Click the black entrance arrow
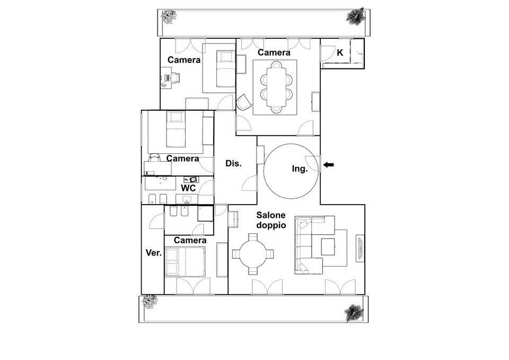329,165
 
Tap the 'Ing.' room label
300,169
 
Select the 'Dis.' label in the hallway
233,164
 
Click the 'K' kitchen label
340,52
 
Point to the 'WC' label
188,188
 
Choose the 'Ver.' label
154,253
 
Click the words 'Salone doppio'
271,220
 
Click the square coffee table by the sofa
328,247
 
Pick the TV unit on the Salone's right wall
360,248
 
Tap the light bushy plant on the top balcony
169,16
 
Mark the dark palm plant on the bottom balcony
354,312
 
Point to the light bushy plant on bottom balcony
150,302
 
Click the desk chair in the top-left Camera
174,77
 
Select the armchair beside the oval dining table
243,102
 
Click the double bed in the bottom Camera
185,261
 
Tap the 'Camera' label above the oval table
274,52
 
